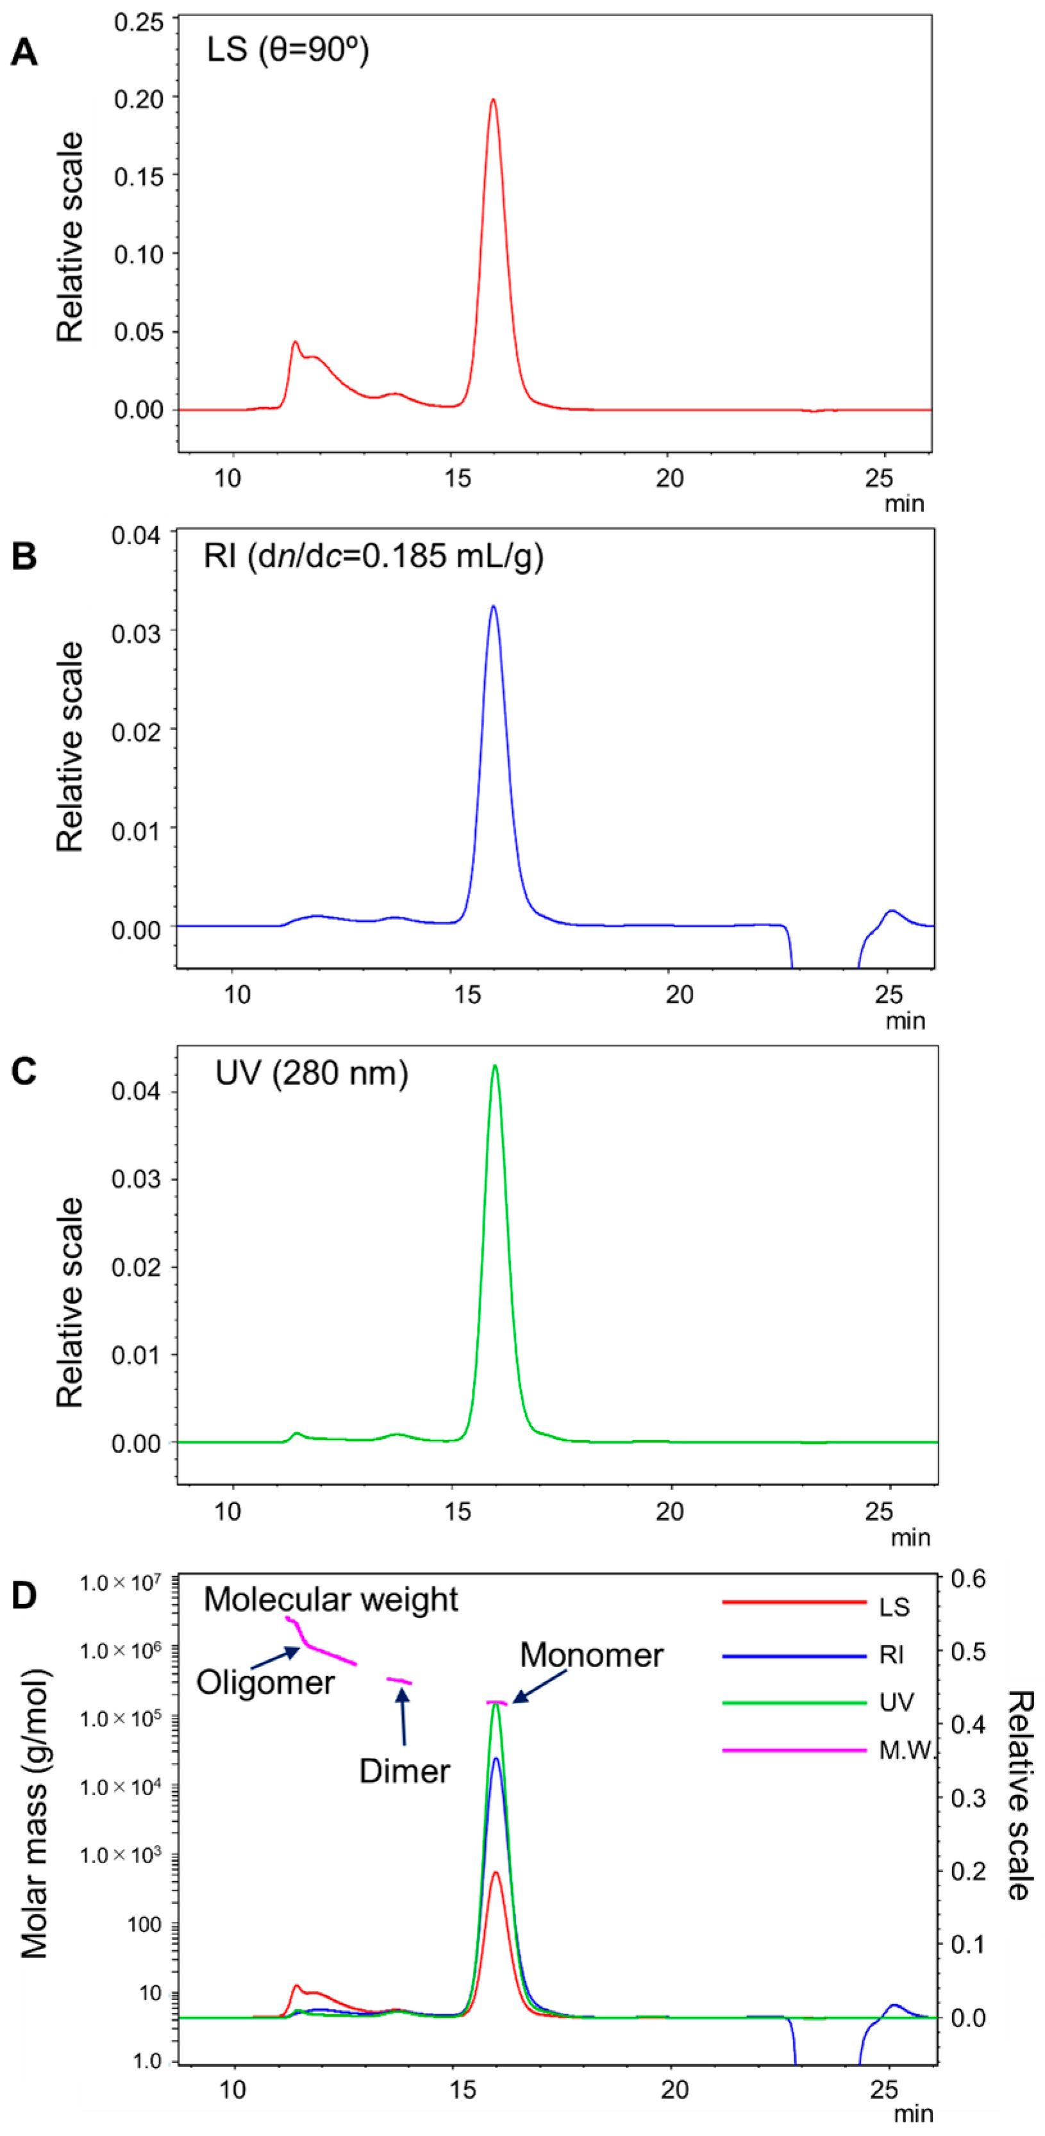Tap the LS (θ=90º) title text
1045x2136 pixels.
tap(287, 50)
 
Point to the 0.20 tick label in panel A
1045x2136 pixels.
tap(139, 98)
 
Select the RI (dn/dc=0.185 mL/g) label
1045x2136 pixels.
tap(373, 556)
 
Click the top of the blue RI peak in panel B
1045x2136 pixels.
tap(494, 607)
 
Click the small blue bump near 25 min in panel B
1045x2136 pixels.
tap(892, 911)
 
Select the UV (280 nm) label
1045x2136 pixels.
tap(311, 1074)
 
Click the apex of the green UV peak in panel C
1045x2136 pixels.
tap(495, 1066)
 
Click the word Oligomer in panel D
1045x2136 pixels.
tap(265, 1682)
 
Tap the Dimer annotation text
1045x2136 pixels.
tap(405, 1771)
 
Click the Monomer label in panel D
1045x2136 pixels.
tap(591, 1655)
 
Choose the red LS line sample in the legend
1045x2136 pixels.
tap(794, 1602)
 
